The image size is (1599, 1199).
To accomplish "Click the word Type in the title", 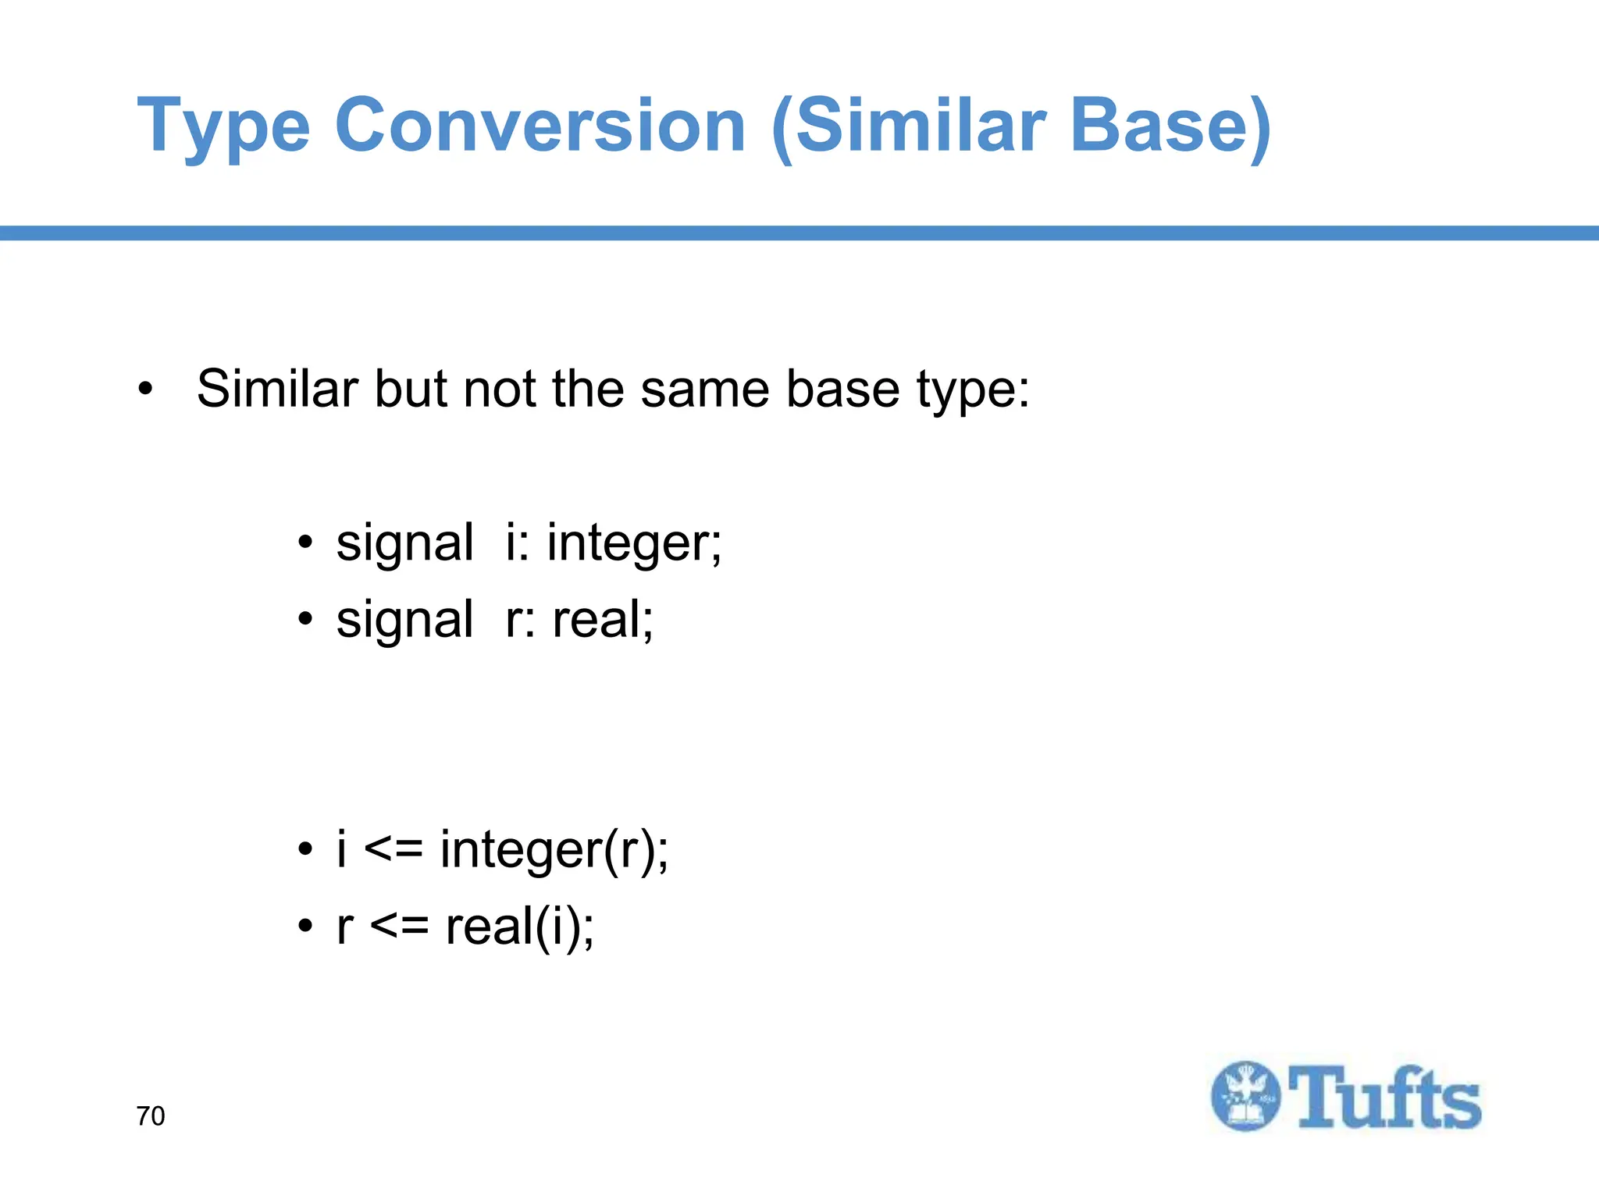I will pyautogui.click(x=224, y=127).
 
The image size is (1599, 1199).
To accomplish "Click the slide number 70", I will pyautogui.click(x=151, y=1116).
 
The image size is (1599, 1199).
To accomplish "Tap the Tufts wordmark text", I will pyautogui.click(x=1384, y=1098).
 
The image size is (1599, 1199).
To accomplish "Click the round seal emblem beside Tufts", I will pyautogui.click(x=1246, y=1096).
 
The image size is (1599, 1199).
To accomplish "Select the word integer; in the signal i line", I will pyautogui.click(x=634, y=544).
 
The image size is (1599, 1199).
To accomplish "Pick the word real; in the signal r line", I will pyautogui.click(x=603, y=621).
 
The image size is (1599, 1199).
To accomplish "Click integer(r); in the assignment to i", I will pyautogui.click(x=554, y=849).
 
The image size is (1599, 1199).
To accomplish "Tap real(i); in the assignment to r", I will pyautogui.click(x=520, y=927).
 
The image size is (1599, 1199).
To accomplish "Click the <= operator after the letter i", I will pyautogui.click(x=394, y=849).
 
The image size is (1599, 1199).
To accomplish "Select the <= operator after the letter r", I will pyautogui.click(x=399, y=927).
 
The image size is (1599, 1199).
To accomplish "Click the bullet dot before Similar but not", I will pyautogui.click(x=145, y=388).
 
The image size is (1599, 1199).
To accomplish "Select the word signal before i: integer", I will pyautogui.click(x=404, y=544).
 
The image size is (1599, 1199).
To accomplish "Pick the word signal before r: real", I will pyautogui.click(x=404, y=621).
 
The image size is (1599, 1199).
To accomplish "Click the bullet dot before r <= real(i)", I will pyautogui.click(x=305, y=927).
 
